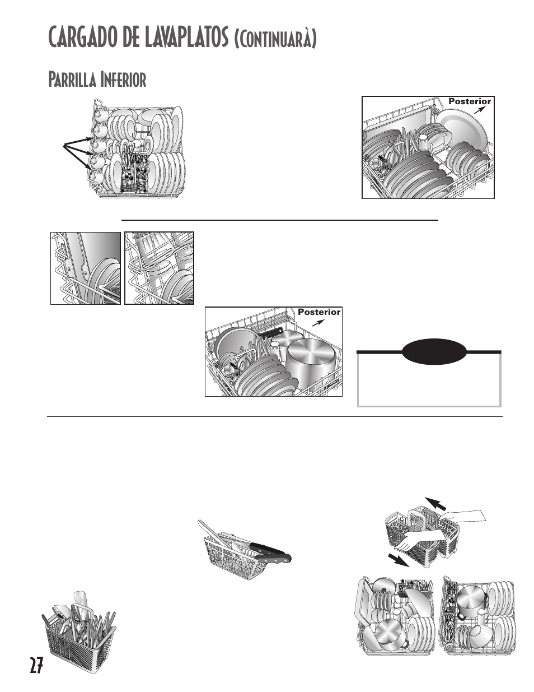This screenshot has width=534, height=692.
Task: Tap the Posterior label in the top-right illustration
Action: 470,101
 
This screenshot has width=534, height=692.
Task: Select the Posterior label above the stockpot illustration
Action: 318,312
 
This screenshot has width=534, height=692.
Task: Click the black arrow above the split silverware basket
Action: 437,502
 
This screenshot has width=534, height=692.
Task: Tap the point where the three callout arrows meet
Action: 65,146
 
